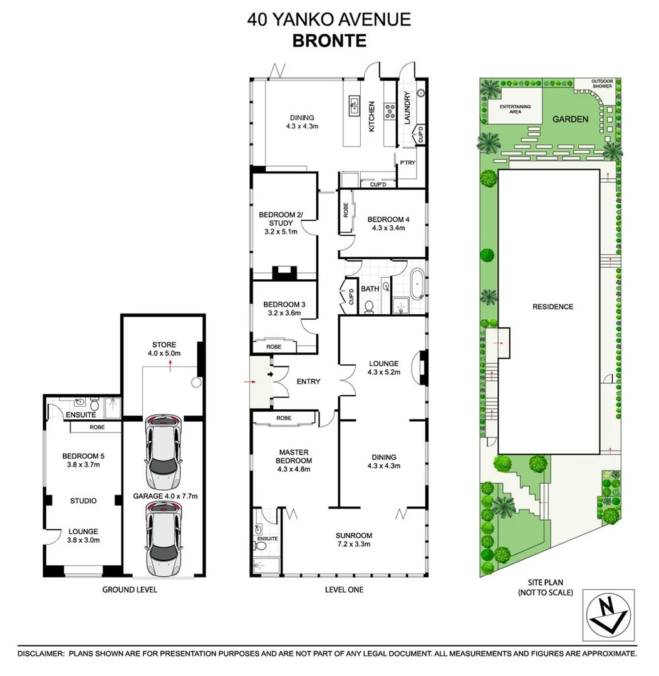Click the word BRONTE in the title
(x=329, y=41)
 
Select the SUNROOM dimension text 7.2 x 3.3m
(x=353, y=544)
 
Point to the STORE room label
(x=163, y=344)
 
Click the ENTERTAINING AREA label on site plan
(x=515, y=109)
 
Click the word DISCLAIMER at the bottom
(x=41, y=653)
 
